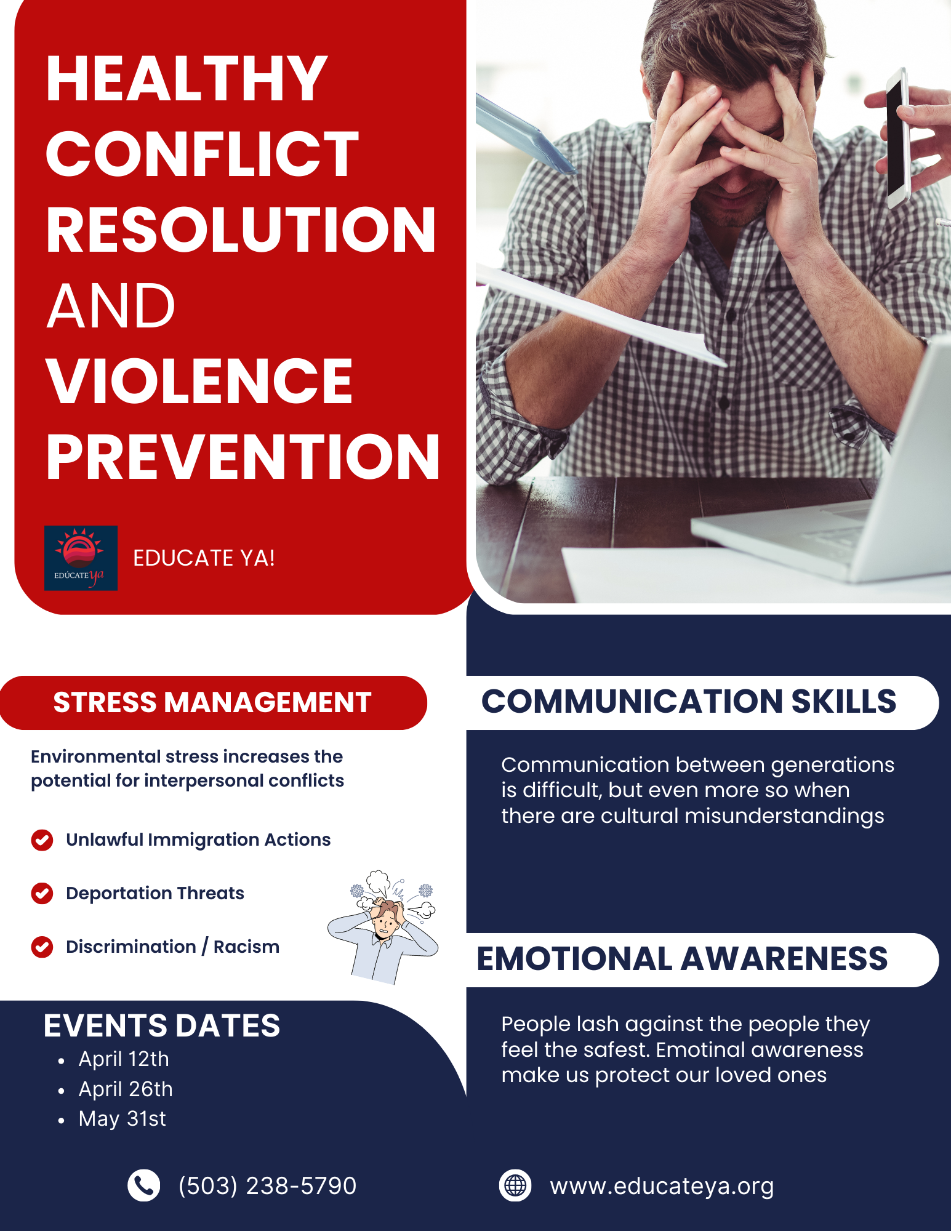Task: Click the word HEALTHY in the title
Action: (187, 79)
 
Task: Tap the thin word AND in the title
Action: (111, 306)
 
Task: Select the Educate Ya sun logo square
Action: (81, 558)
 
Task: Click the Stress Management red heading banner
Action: (213, 702)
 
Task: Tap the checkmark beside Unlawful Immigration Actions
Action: (42, 840)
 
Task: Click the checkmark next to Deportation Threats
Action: (42, 893)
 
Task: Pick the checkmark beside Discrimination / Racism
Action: (42, 947)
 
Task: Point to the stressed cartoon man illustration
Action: (383, 927)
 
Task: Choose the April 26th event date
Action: (126, 1089)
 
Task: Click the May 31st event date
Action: (122, 1119)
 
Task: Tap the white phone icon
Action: (143, 1185)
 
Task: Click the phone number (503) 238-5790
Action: (267, 1186)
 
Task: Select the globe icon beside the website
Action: (515, 1185)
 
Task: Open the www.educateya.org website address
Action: (662, 1187)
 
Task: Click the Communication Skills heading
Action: (689, 702)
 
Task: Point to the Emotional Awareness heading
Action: (682, 959)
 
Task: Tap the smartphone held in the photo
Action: (898, 138)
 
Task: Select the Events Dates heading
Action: (162, 1025)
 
